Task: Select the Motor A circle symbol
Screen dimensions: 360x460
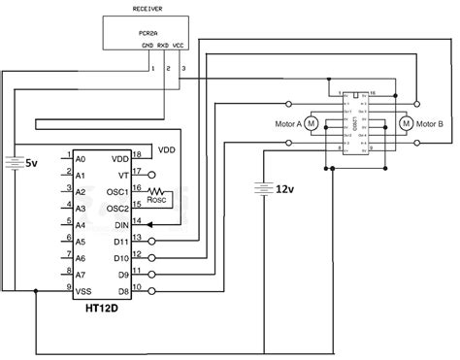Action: pyautogui.click(x=312, y=123)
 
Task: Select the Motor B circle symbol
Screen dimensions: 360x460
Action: pyautogui.click(x=408, y=123)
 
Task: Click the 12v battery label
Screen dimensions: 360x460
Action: pyautogui.click(x=285, y=188)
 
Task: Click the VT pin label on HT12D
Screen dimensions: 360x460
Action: pyautogui.click(x=121, y=175)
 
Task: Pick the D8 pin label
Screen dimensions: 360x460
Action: pyautogui.click(x=120, y=290)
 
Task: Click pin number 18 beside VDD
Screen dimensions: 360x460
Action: pyautogui.click(x=136, y=153)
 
